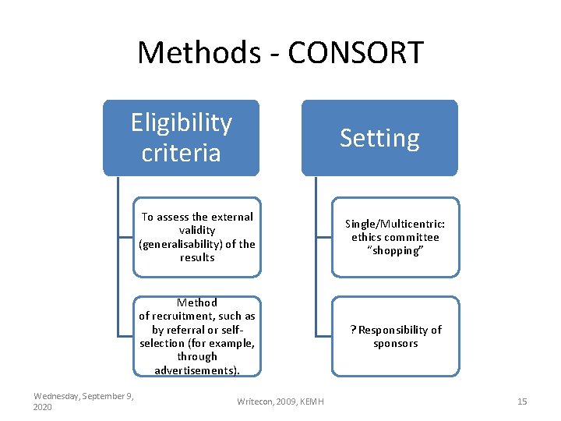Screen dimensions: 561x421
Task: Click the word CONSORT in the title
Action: point(355,53)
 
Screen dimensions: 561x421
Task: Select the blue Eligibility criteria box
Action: point(181,137)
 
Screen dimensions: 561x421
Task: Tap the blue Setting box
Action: point(379,138)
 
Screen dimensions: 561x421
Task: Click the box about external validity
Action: point(196,237)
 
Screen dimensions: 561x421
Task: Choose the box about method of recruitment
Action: point(196,336)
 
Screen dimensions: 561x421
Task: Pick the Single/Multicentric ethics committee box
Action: point(395,237)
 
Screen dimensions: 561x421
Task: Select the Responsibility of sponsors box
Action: point(395,336)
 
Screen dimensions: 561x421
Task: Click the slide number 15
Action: point(522,402)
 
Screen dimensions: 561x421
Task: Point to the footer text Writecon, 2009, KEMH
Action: point(280,402)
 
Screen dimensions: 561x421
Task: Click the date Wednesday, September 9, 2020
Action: point(83,402)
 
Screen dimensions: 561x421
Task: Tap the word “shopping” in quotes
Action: point(396,251)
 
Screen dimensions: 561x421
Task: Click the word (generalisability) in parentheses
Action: point(180,244)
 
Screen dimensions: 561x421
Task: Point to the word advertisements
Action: point(196,370)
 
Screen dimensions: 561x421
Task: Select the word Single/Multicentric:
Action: point(395,223)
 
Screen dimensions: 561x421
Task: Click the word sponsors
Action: point(396,343)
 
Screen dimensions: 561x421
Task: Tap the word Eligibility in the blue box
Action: point(181,122)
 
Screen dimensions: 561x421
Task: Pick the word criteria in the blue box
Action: point(181,152)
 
